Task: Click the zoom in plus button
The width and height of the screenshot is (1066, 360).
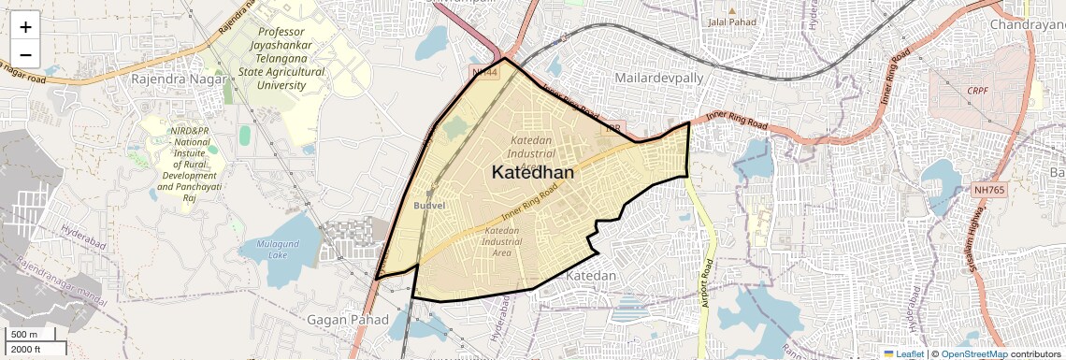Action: [x=25, y=27]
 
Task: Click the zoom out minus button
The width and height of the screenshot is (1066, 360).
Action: [x=25, y=54]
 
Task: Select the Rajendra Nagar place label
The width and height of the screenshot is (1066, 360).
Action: [x=174, y=79]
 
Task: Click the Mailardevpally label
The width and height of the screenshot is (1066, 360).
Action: [x=659, y=79]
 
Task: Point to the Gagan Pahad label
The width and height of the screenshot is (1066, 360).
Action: [x=348, y=320]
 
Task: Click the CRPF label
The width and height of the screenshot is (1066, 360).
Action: [x=978, y=91]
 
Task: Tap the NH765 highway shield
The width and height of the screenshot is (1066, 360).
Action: [x=992, y=190]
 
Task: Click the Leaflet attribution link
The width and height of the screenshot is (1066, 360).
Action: [x=903, y=353]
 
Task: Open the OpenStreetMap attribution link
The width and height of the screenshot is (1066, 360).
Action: [x=973, y=353]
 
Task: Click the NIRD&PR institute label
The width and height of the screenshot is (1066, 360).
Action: [x=183, y=159]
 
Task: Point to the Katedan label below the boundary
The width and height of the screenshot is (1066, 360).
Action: [x=591, y=276]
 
